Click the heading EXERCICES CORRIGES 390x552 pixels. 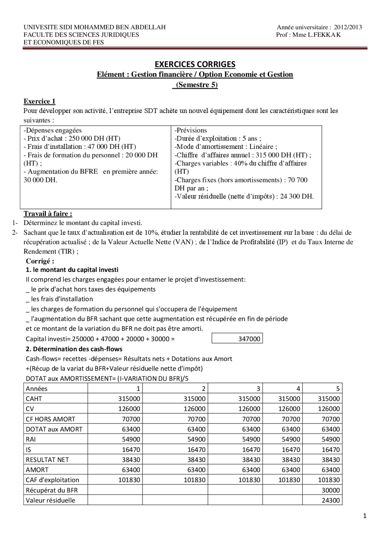coord(195,64)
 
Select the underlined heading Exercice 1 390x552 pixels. coord(40,101)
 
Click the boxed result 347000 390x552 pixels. coord(249,339)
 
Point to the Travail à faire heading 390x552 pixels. coord(48,213)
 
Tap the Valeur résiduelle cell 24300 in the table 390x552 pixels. coord(330,500)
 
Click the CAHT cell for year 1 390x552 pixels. coord(129,399)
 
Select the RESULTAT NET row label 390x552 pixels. coord(47,460)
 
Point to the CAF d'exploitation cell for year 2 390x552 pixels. coord(194,480)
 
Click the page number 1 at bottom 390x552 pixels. coord(365,516)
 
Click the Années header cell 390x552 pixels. coord(37,389)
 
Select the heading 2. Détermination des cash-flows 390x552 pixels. coord(74,349)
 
